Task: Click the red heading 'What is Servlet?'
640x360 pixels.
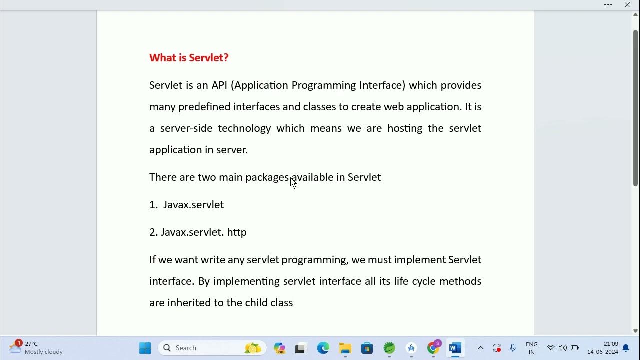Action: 189,58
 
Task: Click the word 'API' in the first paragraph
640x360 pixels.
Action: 219,85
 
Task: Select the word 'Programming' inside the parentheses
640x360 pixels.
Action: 323,85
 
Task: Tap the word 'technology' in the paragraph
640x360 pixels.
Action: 244,128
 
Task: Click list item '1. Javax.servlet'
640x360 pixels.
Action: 187,205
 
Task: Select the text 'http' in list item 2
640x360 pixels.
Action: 237,232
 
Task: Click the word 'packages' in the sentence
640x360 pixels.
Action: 267,177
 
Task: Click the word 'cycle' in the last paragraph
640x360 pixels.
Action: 423,281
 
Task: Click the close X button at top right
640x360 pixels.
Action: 627,5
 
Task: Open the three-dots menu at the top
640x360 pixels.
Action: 608,5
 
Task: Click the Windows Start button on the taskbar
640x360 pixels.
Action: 145,348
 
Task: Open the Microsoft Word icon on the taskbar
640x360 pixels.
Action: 455,348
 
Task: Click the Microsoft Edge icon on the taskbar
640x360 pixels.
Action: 323,348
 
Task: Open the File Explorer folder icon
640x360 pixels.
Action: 345,348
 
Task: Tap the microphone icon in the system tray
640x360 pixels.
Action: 513,348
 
